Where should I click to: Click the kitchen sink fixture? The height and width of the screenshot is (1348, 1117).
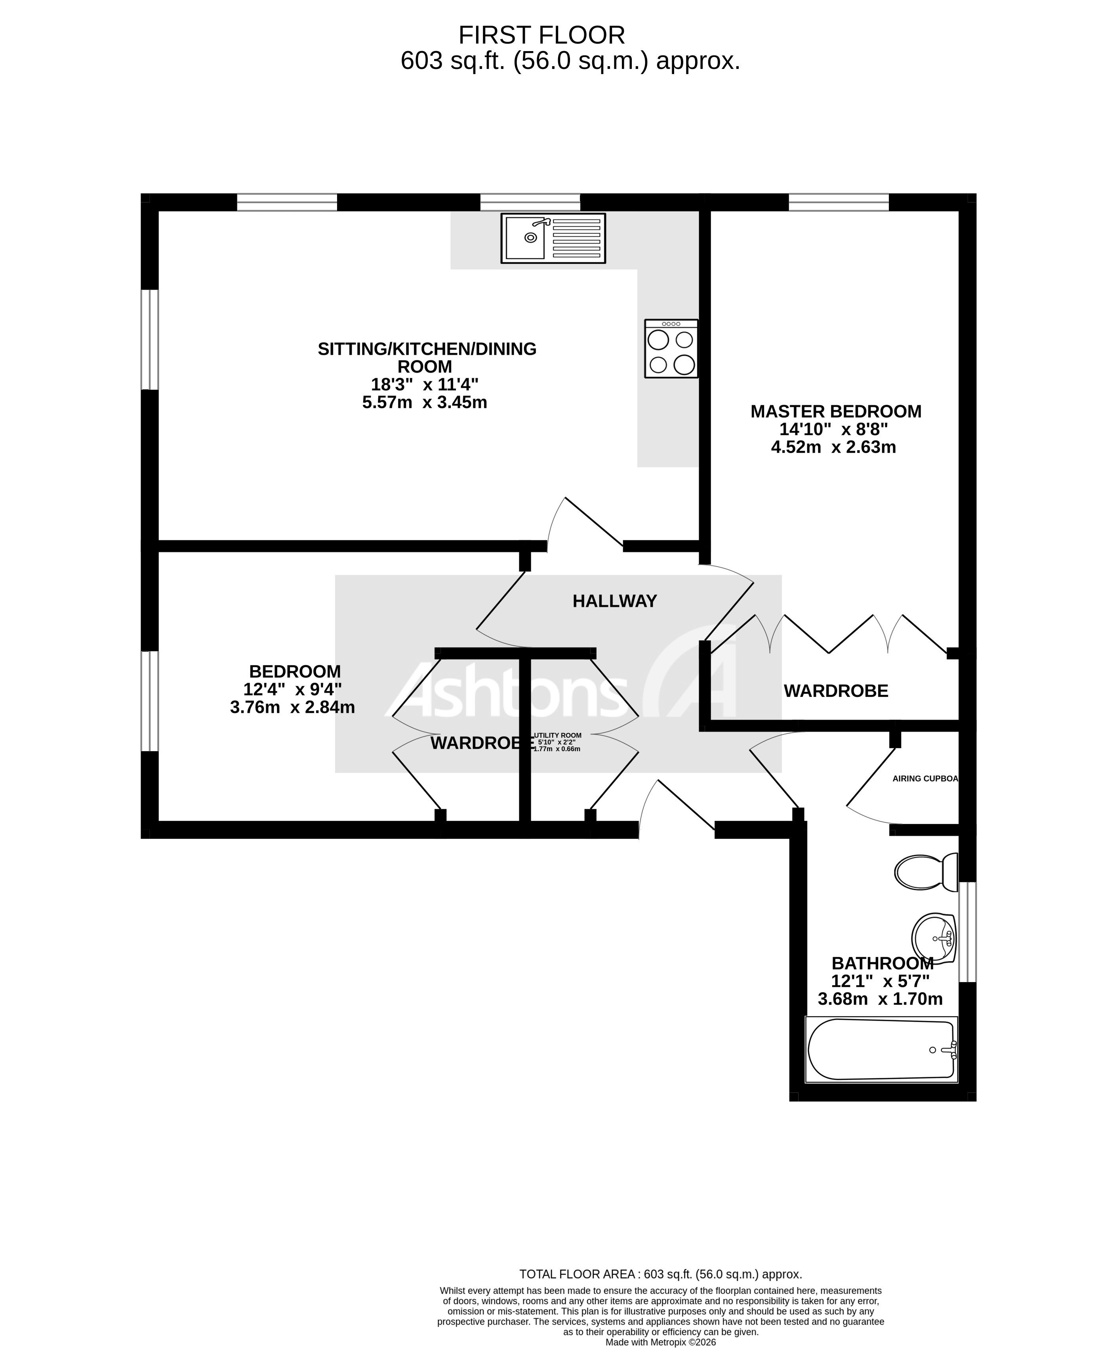553,238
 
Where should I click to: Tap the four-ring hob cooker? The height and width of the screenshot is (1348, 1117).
671,348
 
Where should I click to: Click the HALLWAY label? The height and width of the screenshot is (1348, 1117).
614,601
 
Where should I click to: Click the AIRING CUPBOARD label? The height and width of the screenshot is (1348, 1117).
925,779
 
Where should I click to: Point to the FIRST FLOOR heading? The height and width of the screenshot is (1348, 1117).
541,35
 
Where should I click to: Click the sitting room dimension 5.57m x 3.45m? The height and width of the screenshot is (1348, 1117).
424,402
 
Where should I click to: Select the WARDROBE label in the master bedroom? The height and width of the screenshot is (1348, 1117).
835,691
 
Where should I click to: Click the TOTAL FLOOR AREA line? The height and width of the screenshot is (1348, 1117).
660,1274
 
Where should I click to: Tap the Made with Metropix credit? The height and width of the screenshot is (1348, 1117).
660,1342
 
